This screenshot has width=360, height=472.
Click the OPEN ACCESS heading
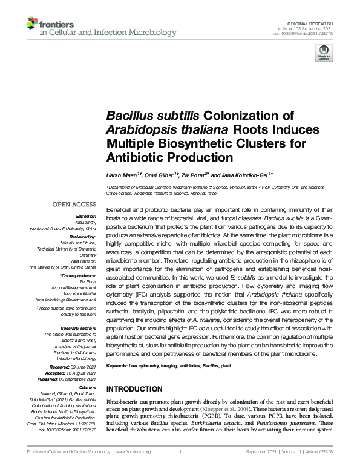point(74,205)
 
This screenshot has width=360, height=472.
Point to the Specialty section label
point(79,327)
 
